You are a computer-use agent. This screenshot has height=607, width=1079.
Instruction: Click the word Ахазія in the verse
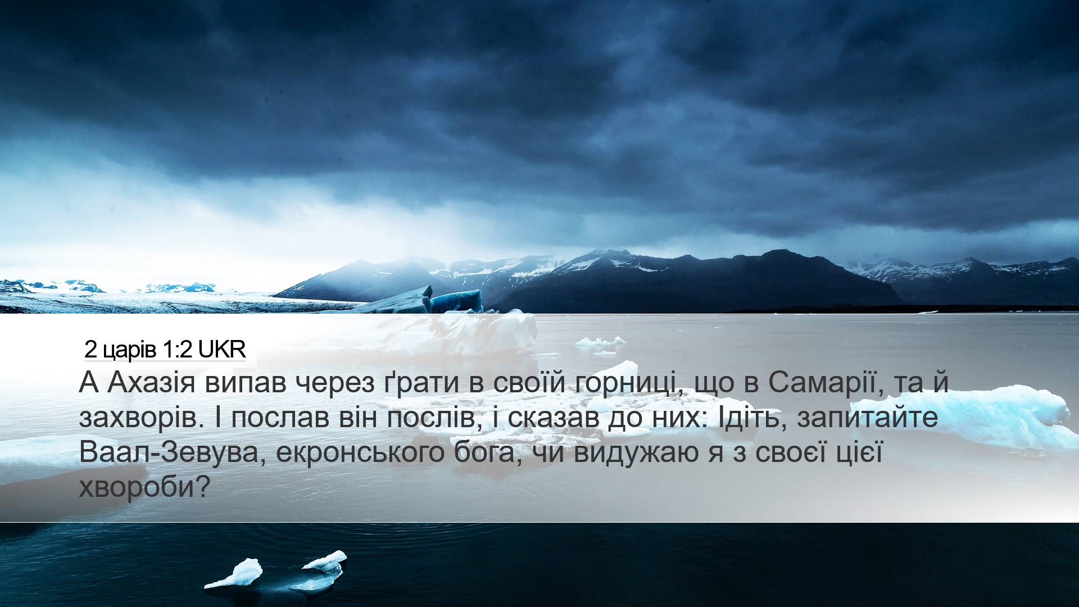152,384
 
